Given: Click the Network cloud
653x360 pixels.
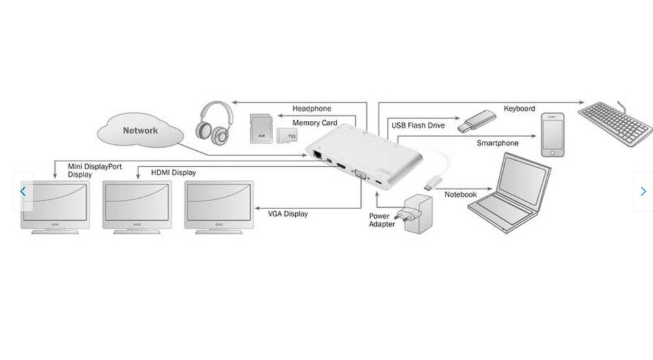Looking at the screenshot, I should tap(139, 131).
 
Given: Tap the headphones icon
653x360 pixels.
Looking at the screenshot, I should tap(214, 123).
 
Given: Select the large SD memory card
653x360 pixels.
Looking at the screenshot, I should tap(261, 128).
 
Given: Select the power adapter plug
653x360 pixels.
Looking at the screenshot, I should tap(418, 213).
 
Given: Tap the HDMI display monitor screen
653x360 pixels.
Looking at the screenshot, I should tap(136, 200).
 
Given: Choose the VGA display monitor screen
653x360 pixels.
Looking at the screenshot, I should tap(217, 200).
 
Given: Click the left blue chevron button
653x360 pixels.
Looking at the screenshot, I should tap(23, 191).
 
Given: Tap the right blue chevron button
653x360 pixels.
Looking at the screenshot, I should tap(643, 191).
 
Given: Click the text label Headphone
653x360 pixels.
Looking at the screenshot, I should tap(311, 108).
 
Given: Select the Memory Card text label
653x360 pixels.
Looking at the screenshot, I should tap(314, 123).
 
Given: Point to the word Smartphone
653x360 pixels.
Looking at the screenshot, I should tap(498, 143).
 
